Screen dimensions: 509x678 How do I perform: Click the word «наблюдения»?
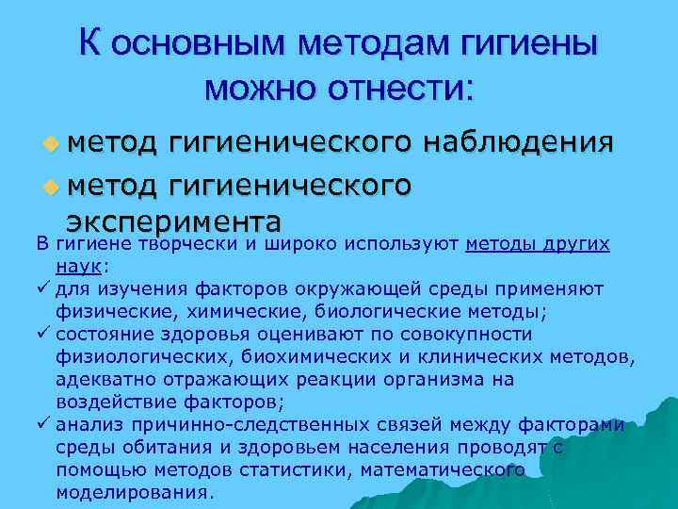(520, 141)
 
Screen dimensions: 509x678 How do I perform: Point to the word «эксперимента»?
(173, 222)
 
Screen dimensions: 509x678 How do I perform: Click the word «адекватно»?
(98, 379)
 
